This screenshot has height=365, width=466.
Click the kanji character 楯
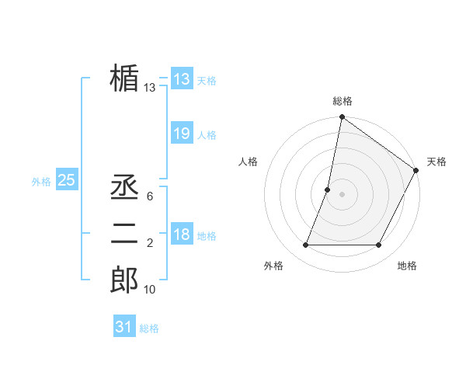pyautogui.click(x=124, y=78)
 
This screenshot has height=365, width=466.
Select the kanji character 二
pyautogui.click(x=124, y=234)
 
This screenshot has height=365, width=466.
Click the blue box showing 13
pyautogui.click(x=181, y=78)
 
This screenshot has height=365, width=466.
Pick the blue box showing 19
pyautogui.click(x=181, y=134)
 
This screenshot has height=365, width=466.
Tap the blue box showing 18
pyautogui.click(x=181, y=235)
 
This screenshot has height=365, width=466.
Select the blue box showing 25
pyautogui.click(x=66, y=180)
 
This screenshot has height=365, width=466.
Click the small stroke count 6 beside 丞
pyautogui.click(x=149, y=196)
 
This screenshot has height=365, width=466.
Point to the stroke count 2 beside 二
pyautogui.click(x=149, y=243)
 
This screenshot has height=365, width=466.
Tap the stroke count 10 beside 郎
pyautogui.click(x=149, y=290)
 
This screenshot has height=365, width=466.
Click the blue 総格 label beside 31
pyautogui.click(x=149, y=328)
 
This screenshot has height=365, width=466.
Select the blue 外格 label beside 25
pyautogui.click(x=41, y=182)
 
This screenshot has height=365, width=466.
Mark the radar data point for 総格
pyautogui.click(x=342, y=118)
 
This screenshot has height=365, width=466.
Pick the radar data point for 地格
pyautogui.click(x=379, y=245)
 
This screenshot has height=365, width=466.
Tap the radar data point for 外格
pyautogui.click(x=305, y=245)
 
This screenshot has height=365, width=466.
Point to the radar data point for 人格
pyautogui.click(x=328, y=189)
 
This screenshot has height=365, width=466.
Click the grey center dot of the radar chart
pyautogui.click(x=342, y=194)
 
